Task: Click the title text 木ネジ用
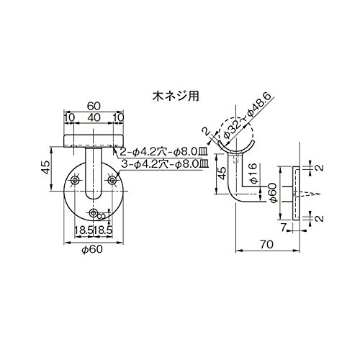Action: click(x=176, y=96)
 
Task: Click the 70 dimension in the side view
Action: click(x=266, y=245)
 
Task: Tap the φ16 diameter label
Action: click(x=253, y=173)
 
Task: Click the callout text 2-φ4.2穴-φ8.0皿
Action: click(x=163, y=152)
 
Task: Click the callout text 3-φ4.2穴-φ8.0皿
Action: click(x=164, y=164)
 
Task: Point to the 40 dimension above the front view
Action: click(x=94, y=117)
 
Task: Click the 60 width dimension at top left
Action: click(x=94, y=106)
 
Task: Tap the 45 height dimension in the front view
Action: click(x=45, y=167)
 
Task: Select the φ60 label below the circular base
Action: click(x=92, y=249)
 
